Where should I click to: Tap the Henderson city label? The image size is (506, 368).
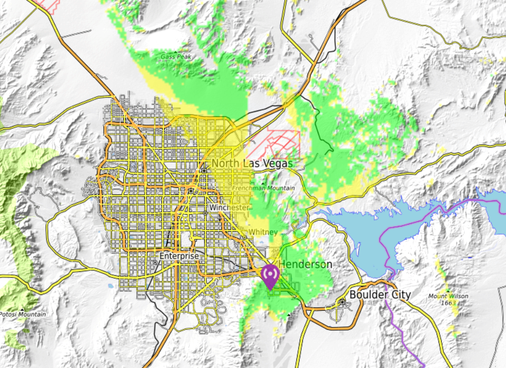[x=306, y=264]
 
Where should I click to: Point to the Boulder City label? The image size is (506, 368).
[x=380, y=294]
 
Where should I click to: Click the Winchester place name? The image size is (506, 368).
[x=229, y=208]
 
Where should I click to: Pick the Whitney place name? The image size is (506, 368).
[x=263, y=232]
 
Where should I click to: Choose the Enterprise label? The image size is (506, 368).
[x=180, y=255]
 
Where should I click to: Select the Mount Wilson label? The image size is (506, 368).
[x=448, y=296]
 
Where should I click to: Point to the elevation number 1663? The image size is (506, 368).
[x=448, y=303]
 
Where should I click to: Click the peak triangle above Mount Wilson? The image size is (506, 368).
[x=448, y=290]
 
